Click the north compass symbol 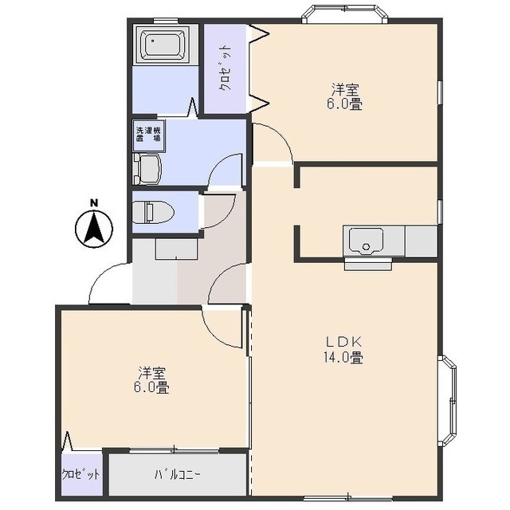(94, 229)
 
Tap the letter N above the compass (94, 203)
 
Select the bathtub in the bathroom (162, 44)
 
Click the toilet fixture (153, 212)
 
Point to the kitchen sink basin (367, 241)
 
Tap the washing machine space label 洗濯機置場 (148, 135)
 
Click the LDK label (343, 342)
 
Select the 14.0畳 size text (343, 358)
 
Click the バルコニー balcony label (177, 475)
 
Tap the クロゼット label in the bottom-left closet (81, 475)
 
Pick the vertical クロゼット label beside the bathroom (226, 69)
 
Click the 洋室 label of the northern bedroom (345, 89)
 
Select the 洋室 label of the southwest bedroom (152, 374)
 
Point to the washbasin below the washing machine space (147, 169)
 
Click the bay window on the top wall (345, 14)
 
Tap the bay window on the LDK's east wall (448, 401)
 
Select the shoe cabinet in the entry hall (176, 249)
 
